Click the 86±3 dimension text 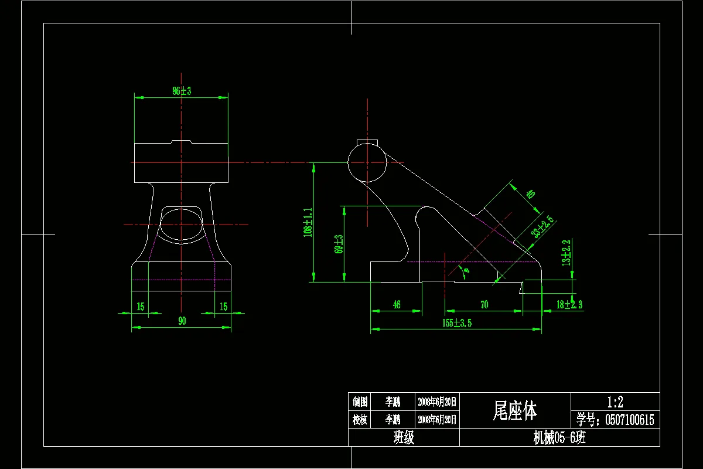tap(182, 91)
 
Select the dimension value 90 tap(182, 321)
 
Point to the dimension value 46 tap(397, 304)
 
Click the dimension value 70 tap(484, 304)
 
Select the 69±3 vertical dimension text tap(338, 244)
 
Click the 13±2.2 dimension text tap(566, 252)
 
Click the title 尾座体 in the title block tap(515, 411)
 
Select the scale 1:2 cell tap(615, 402)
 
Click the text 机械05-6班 tap(559, 437)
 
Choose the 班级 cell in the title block tap(404, 437)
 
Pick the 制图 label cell tap(360, 402)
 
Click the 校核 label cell tap(360, 420)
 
